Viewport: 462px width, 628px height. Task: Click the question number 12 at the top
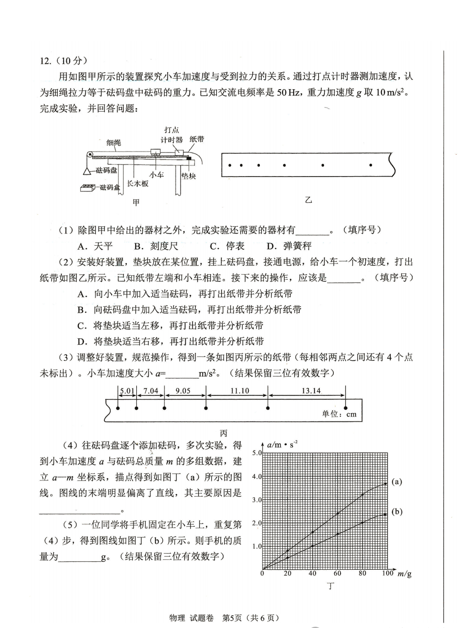(46, 61)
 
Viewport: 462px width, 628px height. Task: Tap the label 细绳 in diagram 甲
(113, 143)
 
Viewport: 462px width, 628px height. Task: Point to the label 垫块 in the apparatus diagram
(189, 177)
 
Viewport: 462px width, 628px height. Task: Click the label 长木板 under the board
(138, 184)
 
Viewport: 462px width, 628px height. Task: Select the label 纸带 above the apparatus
(196, 139)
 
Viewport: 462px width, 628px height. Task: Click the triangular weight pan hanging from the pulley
(87, 170)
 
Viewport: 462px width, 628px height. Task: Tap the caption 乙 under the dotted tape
(308, 200)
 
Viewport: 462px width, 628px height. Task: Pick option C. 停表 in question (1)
(227, 246)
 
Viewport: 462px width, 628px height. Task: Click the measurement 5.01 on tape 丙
(127, 391)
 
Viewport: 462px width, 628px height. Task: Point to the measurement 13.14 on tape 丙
(311, 391)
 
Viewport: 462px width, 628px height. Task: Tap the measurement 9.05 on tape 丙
(183, 391)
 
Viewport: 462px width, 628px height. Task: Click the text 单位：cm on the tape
(339, 414)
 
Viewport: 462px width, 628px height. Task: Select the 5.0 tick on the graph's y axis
(256, 453)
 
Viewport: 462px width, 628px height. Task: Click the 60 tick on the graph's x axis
(337, 573)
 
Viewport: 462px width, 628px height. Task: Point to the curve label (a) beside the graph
(397, 482)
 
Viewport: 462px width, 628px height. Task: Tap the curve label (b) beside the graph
(397, 511)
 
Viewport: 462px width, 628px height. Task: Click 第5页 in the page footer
(232, 618)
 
